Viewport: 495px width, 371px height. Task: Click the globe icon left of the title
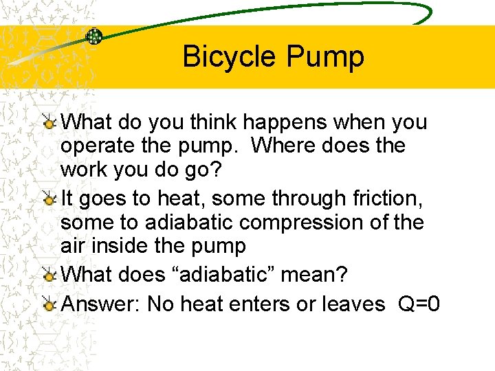(x=94, y=36)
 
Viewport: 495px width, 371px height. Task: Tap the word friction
(x=386, y=199)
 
